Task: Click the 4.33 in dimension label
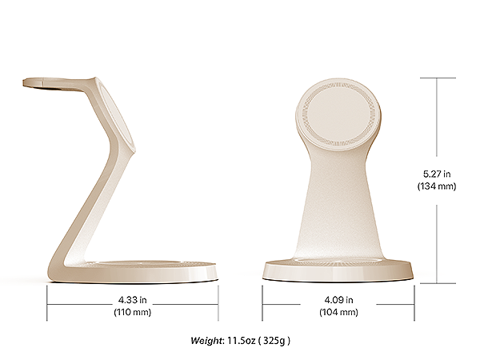132,300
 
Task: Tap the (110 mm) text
133,312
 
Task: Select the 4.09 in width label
338,300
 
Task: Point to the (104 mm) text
338,312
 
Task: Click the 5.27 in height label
437,174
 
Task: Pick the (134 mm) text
437,186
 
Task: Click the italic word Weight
206,341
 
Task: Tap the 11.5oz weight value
242,341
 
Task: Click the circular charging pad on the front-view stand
338,114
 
